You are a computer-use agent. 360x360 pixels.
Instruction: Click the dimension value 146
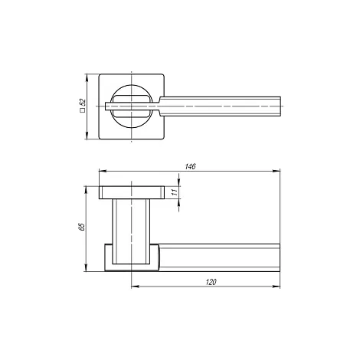pos(190,166)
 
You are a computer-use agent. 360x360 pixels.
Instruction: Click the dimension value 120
pos(211,282)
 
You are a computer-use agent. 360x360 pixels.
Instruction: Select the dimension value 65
pos(82,227)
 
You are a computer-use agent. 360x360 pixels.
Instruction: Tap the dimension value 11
pos(175,192)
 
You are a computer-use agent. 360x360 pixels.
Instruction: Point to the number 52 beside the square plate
pos(83,103)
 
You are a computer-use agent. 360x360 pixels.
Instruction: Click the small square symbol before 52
pos(83,110)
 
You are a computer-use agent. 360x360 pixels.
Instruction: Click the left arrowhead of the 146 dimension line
pos(103,171)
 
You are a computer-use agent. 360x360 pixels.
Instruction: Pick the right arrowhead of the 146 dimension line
pos(277,171)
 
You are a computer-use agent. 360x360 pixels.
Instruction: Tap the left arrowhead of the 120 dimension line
pos(135,286)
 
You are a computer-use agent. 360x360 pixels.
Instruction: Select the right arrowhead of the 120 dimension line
pos(277,286)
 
